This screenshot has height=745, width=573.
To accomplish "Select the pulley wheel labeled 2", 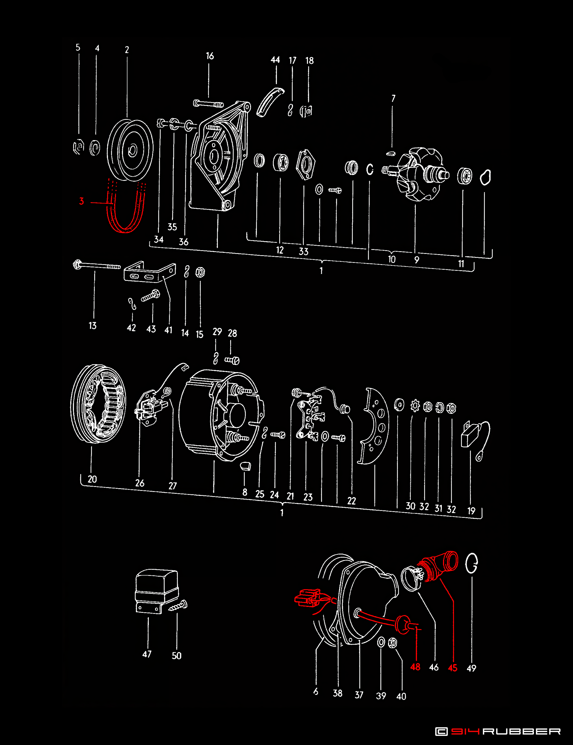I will coord(130,150).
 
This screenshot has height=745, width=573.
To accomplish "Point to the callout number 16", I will coord(210,56).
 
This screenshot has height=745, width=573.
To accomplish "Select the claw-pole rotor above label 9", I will coord(419,174).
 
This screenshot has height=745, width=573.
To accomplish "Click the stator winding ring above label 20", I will coord(98,404).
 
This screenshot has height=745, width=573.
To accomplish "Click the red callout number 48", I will coord(415,667).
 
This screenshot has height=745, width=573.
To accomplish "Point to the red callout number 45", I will coord(453,668).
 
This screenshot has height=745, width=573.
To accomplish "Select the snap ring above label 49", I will coord(472,563).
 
